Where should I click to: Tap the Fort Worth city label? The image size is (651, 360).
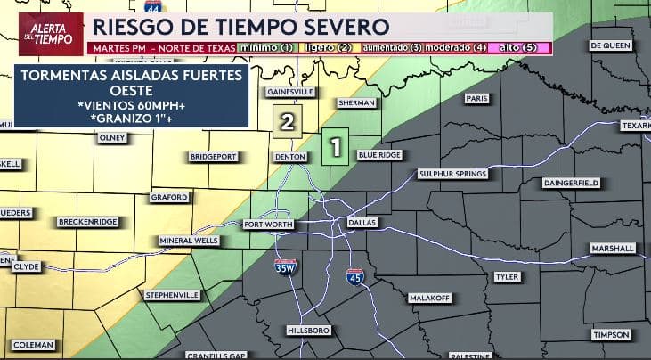(x=268, y=225)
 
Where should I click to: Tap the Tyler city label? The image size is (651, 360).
(x=506, y=276)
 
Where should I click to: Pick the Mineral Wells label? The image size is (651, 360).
(x=188, y=241)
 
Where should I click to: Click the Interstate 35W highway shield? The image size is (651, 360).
(x=286, y=266)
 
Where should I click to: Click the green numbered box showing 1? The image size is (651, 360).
(x=335, y=147)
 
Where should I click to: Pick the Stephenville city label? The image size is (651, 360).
(x=172, y=293)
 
